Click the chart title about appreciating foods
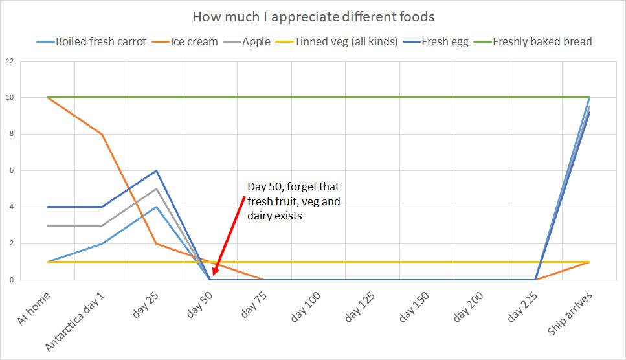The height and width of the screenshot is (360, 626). tap(313, 16)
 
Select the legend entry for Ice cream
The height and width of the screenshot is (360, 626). tap(194, 42)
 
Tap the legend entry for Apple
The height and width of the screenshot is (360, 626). tap(256, 42)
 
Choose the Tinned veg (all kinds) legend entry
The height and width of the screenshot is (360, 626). tap(346, 42)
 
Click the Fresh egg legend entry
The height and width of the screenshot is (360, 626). tap(445, 42)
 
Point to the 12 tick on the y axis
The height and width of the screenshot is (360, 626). tap(10, 61)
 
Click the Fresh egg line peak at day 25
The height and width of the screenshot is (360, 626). tap(157, 171)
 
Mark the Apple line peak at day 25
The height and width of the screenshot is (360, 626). tap(157, 189)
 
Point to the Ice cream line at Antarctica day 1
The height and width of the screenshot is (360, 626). tap(102, 134)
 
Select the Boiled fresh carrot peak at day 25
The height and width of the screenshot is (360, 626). tap(157, 207)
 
